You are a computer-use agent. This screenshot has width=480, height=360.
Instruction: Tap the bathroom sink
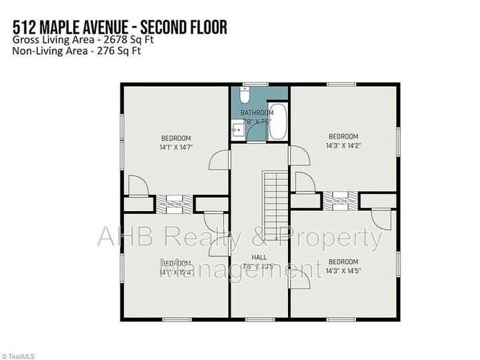pyautogui.click(x=237, y=131)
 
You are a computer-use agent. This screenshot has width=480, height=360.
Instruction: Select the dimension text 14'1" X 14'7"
pyautogui.click(x=176, y=148)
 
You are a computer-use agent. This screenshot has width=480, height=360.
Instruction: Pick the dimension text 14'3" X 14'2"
pyautogui.click(x=343, y=146)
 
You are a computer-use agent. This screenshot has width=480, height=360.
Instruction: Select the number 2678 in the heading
pyautogui.click(x=98, y=40)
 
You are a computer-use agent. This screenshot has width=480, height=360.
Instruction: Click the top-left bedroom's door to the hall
pyautogui.click(x=221, y=159)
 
